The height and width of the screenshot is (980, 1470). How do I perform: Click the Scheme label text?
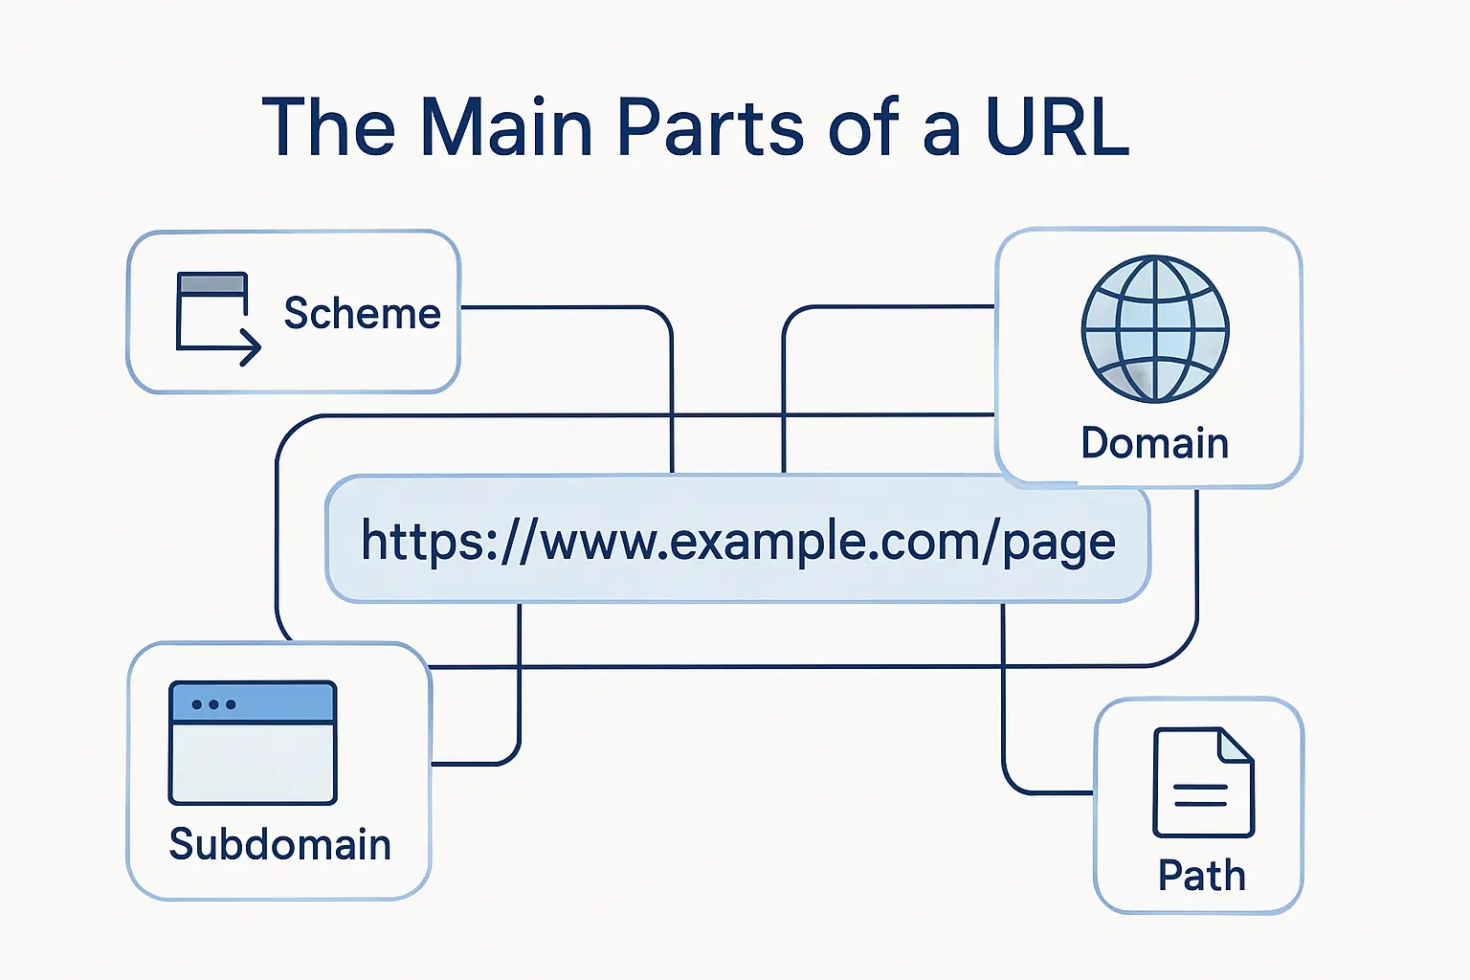pos(362,314)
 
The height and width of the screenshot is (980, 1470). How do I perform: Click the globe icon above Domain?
pos(1155,328)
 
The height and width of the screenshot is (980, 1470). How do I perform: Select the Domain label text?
pos(1154,443)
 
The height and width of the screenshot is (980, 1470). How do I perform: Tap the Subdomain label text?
pos(279,844)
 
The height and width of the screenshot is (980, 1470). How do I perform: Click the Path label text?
pos(1201,876)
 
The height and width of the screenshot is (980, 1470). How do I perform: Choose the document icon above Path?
pos(1203,782)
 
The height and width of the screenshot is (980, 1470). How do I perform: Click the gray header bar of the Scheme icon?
pos(212,284)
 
